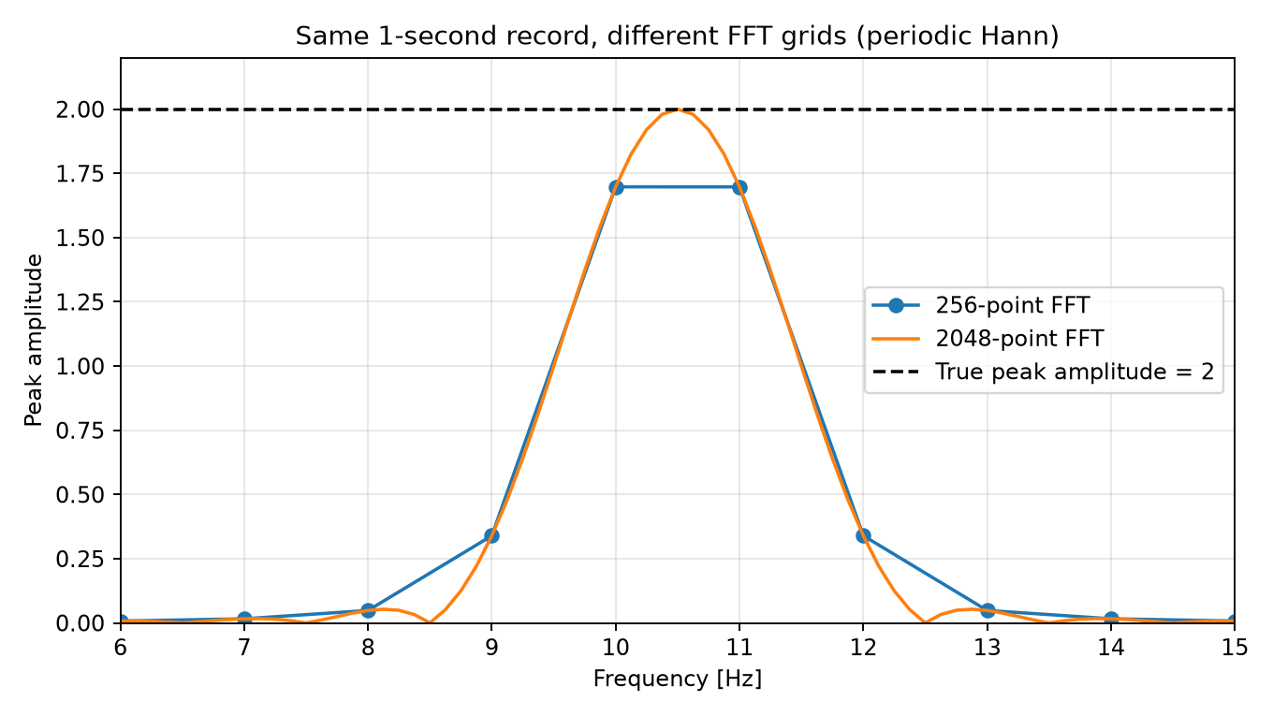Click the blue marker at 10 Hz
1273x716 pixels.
pos(616,187)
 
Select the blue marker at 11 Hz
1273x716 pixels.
pos(739,187)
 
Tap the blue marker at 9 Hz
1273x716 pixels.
pos(491,536)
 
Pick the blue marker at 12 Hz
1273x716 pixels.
pos(863,536)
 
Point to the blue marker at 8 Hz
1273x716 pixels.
pos(368,611)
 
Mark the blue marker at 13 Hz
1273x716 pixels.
pos(988,611)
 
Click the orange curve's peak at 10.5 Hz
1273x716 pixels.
pos(678,110)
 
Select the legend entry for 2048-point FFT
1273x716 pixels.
pos(988,339)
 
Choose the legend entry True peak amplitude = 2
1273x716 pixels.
pos(1044,372)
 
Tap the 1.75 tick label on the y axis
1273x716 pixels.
pos(80,174)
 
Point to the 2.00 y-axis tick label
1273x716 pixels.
pos(80,110)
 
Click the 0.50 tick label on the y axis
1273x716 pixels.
pos(80,495)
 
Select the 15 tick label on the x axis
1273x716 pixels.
pos(1235,648)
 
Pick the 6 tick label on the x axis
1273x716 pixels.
pos(121,648)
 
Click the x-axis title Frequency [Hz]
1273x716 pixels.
pos(678,679)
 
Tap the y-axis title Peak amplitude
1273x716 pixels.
pos(34,341)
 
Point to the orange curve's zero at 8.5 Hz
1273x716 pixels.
pos(431,622)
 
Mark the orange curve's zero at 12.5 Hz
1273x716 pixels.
pos(925,622)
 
